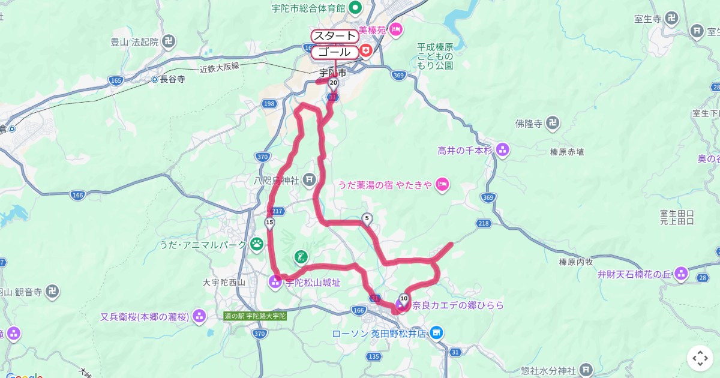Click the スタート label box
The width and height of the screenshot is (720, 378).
click(x=334, y=35)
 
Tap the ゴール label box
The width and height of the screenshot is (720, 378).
click(x=334, y=52)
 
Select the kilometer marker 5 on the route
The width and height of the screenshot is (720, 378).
click(x=367, y=219)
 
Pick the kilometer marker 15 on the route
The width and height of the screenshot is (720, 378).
click(x=269, y=223)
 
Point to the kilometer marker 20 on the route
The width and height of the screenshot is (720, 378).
click(x=334, y=83)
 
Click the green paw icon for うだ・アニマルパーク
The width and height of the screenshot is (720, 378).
click(x=257, y=244)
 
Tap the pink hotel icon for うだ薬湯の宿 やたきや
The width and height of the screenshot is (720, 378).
click(x=442, y=184)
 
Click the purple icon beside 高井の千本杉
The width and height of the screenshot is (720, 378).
click(x=503, y=149)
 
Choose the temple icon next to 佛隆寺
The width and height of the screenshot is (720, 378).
click(x=554, y=124)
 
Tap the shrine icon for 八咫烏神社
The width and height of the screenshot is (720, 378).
click(x=309, y=179)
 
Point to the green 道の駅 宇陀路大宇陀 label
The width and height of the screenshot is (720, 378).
click(x=255, y=316)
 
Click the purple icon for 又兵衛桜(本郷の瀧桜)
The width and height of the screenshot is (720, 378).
click(x=199, y=316)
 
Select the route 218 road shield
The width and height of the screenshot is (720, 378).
click(x=484, y=223)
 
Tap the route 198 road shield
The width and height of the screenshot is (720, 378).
click(x=269, y=104)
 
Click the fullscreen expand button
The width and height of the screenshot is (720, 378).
click(x=700, y=358)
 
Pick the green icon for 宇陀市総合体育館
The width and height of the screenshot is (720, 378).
click(x=355, y=8)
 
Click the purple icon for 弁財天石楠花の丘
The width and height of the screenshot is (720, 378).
click(x=680, y=274)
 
